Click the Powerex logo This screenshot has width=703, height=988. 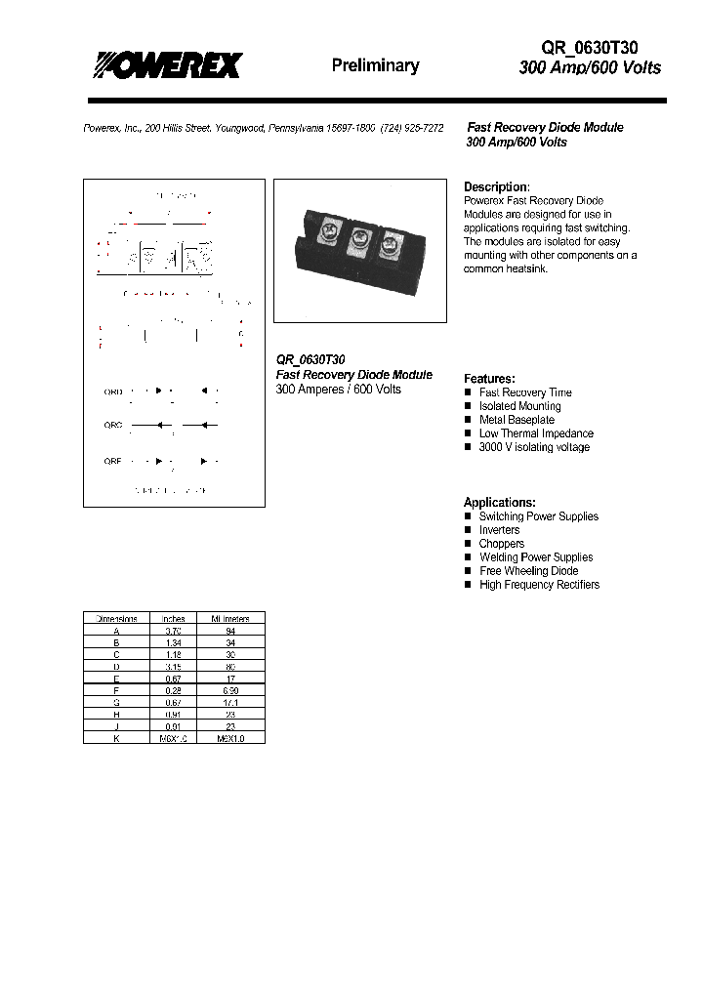pos(167,64)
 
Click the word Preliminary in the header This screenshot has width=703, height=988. pos(375,65)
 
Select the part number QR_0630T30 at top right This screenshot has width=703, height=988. pos(590,47)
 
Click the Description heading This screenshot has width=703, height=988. pos(496,186)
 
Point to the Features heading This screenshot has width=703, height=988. pos(489,379)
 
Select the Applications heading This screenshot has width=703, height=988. pos(499,502)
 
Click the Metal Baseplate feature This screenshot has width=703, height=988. pos(516,420)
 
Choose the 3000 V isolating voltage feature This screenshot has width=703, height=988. pos(533,447)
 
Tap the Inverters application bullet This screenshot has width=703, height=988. pos(499,530)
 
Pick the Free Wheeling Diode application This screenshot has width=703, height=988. pos(528,571)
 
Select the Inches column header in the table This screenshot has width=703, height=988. pos(173,618)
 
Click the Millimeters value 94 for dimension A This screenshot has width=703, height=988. pos(230,631)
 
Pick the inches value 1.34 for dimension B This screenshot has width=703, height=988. pos(173,642)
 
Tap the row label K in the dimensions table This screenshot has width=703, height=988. pos(115,738)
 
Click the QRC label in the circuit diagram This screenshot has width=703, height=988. pos(113,425)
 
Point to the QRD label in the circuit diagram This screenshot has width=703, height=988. pos(113,391)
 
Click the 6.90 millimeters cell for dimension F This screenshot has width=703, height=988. pos(230,690)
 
